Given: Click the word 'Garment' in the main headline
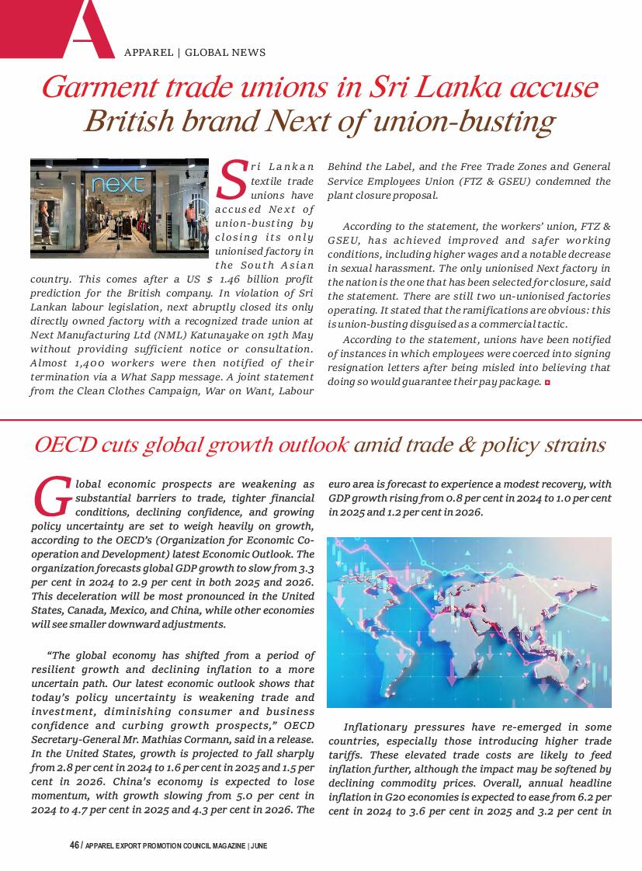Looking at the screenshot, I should point(94,86).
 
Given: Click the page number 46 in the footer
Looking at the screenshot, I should point(74,845).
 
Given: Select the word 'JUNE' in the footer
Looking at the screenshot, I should point(259,845).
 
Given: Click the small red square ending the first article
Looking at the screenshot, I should point(547,383).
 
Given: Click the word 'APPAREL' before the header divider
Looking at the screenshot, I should point(148,53).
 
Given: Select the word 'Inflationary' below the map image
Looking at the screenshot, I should point(375,727).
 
